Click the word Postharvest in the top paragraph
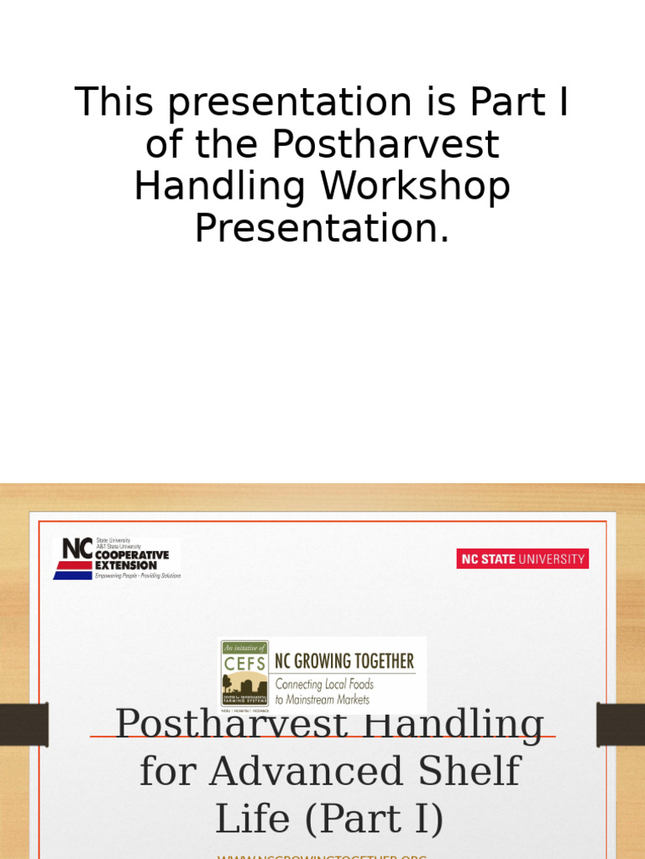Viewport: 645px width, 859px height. (385, 144)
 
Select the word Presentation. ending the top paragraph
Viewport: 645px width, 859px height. (322, 227)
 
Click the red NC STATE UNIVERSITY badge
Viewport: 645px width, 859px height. (522, 559)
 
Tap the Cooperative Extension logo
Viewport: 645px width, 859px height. (117, 559)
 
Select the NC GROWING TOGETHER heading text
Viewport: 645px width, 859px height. (344, 662)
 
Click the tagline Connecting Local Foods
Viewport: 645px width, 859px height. (324, 685)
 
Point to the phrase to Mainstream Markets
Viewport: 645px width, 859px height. (322, 700)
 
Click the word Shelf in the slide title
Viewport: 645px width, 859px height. (473, 771)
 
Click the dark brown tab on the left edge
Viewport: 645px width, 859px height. (24, 724)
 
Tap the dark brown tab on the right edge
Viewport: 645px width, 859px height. (621, 724)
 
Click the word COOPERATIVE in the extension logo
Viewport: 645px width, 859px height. (132, 555)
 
